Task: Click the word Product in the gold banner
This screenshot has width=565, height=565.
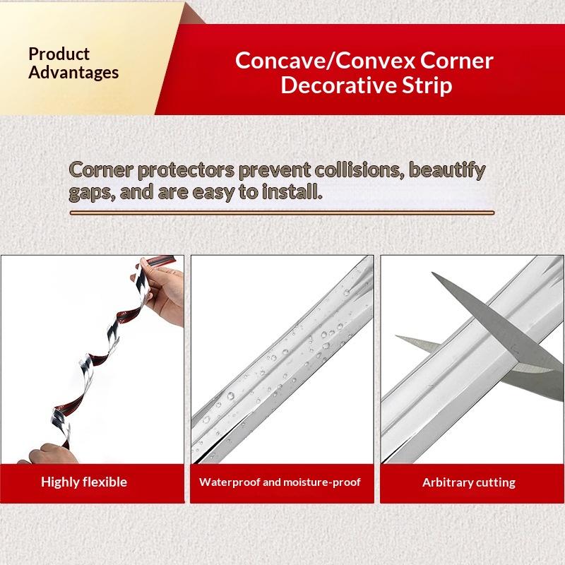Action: [59, 54]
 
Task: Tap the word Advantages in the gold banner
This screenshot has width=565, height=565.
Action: [73, 72]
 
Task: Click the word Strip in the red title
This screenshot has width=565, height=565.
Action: [427, 86]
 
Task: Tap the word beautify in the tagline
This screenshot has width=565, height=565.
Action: [448, 171]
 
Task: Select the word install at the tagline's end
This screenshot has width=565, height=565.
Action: [292, 191]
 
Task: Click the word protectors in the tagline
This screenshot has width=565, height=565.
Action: [186, 171]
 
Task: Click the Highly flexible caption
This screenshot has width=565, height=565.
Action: [84, 482]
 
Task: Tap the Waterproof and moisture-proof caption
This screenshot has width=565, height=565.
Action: [280, 482]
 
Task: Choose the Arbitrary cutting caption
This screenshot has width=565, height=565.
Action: [469, 482]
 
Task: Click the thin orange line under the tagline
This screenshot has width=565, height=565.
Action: [282, 213]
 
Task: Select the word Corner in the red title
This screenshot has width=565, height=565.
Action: [456, 61]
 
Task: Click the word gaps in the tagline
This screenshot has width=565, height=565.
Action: [92, 192]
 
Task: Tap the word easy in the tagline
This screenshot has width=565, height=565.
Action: [213, 192]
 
